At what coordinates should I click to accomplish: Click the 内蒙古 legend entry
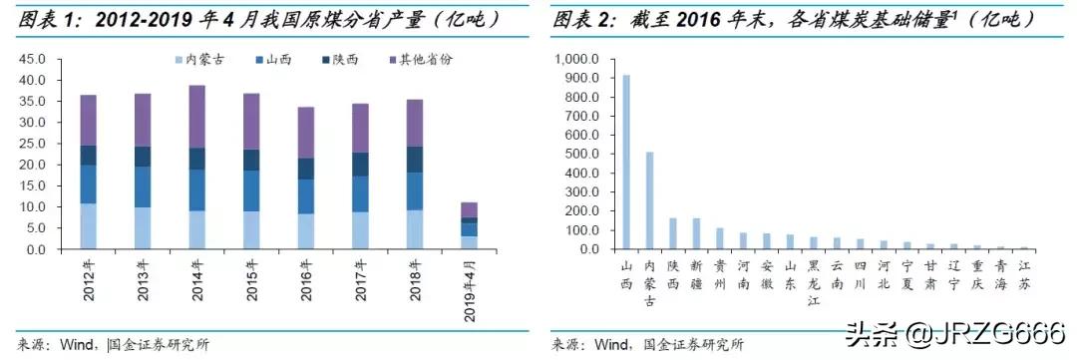coord(201,60)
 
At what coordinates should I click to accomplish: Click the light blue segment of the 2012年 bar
coord(88,226)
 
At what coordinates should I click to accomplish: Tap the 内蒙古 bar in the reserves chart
coord(650,199)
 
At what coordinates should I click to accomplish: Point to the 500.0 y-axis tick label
coord(581,154)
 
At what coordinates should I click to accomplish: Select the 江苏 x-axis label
coord(1024,275)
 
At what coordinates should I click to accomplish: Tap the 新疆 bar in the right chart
coord(696,233)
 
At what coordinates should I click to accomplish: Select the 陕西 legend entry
coord(350,60)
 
